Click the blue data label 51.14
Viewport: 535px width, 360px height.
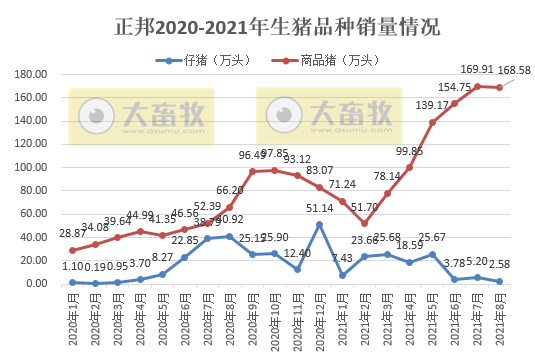click(x=319, y=208)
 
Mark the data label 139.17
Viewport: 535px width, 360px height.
click(x=432, y=105)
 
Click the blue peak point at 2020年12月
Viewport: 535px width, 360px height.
click(x=319, y=224)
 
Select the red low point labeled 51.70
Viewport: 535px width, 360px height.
click(x=365, y=223)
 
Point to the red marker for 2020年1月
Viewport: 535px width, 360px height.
click(x=72, y=250)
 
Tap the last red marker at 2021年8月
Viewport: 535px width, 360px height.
click(x=500, y=87)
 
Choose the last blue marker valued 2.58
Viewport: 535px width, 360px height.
click(x=500, y=281)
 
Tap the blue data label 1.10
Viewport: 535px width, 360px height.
click(x=71, y=267)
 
